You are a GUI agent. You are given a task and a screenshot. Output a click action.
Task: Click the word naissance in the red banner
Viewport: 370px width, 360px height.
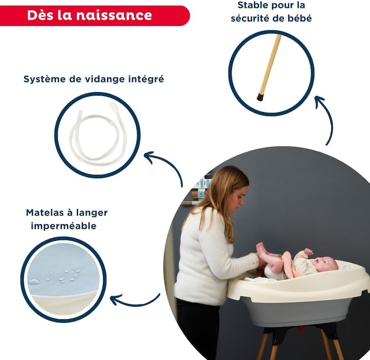pos(114,15)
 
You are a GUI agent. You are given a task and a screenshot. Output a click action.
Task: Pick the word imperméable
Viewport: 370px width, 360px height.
pos(64,226)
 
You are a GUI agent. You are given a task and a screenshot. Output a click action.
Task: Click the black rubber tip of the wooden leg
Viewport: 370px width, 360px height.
pos(260,97)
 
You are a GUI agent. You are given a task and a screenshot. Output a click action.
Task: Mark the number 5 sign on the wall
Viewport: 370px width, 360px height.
pos(201,195)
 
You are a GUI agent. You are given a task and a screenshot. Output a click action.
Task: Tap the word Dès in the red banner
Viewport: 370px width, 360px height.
pos(40,15)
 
